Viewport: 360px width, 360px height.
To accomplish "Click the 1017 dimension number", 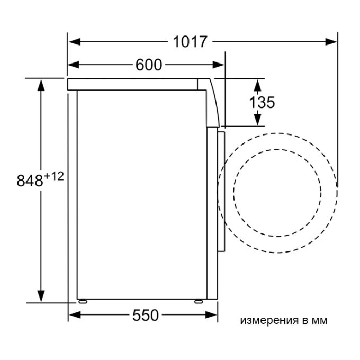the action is pos(190,42).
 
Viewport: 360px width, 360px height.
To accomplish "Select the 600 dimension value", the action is pos(149,65).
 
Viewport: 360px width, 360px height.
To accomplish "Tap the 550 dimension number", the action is pos(146,315).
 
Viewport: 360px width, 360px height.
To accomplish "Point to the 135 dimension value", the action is pos(262,102).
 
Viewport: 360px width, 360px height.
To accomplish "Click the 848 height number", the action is pos(30,180).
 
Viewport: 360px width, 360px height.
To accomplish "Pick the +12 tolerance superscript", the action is pos(53,176).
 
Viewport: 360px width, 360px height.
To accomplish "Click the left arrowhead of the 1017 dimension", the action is pos(75,42).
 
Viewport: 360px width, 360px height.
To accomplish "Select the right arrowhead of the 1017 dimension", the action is pos(331,42).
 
